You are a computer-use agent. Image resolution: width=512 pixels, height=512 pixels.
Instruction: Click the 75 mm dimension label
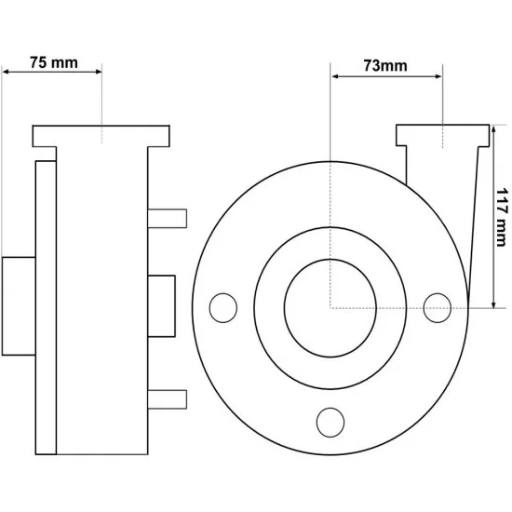tap(54, 62)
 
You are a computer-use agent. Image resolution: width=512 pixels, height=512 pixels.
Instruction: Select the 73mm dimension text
tap(385, 66)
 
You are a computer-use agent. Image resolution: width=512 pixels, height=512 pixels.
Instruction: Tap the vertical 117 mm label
tap(502, 217)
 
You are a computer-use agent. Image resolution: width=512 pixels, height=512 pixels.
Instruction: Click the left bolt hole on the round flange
tap(223, 308)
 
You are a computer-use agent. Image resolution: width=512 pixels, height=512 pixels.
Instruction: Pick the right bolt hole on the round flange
tap(438, 308)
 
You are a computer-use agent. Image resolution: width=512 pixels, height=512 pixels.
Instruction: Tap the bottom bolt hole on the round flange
tap(330, 423)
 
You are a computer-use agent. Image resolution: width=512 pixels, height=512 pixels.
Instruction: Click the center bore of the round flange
tap(330, 308)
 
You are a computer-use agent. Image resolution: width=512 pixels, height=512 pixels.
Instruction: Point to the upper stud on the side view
tap(168, 219)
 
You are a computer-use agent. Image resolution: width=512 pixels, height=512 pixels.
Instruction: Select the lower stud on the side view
tap(168, 399)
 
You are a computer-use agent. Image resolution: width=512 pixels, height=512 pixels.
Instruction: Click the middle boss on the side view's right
tap(161, 306)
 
